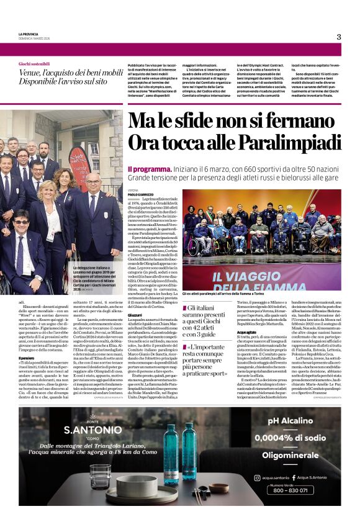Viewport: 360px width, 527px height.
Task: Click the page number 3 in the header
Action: pos(339,37)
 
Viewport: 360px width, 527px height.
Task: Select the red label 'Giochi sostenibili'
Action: pos(34,64)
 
